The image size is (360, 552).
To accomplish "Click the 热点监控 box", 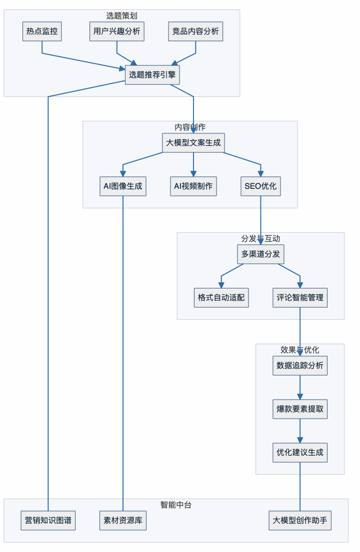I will point(42,31).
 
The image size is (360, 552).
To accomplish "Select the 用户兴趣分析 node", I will point(117,31).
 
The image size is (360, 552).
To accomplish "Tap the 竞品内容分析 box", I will point(195,31).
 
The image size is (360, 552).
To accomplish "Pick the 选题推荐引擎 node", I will point(152,75).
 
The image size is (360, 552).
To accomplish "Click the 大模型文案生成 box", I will point(193,143).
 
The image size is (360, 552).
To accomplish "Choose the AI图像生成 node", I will point(123,186).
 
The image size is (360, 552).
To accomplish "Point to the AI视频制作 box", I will point(193,186).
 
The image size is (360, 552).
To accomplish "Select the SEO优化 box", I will point(260,186).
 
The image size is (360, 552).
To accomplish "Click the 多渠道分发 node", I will point(260,254).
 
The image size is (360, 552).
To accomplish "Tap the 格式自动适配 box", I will point(221,298).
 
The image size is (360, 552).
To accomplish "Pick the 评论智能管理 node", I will point(300,298).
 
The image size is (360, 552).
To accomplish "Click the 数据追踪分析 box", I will point(300,366).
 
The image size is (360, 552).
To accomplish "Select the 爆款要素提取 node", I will point(300,409).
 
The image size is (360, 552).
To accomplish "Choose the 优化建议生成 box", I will point(300,453).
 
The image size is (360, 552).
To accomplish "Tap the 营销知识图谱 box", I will point(48,521).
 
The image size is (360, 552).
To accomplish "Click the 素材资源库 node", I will point(123,521).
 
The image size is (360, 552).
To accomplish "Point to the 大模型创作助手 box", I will point(300,521).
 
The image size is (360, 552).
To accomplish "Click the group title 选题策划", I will point(121,15).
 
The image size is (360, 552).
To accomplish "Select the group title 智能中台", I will point(175,505).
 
